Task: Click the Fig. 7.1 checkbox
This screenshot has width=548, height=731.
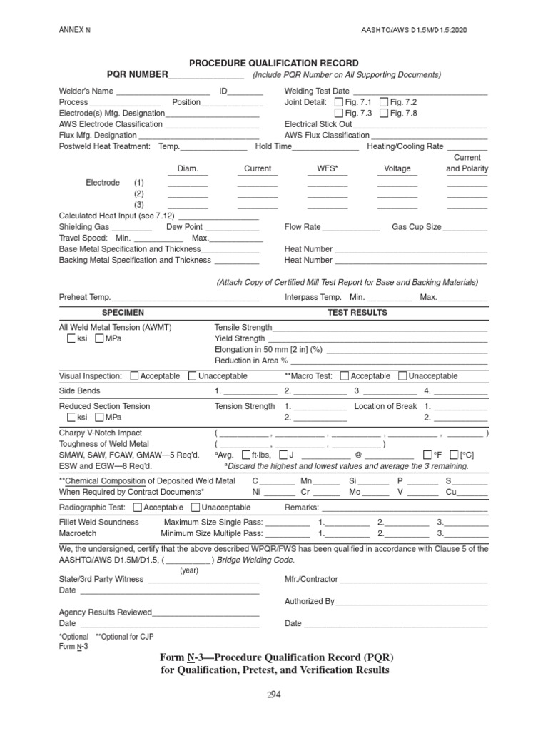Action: (339, 102)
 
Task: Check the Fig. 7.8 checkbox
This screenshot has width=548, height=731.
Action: (385, 113)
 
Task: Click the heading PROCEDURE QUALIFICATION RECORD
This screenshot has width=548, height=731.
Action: (274, 64)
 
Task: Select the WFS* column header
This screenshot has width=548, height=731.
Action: (328, 169)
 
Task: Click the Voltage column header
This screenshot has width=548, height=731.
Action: (397, 169)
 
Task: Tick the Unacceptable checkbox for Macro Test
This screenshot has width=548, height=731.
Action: (402, 376)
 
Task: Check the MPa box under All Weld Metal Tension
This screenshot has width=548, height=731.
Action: (99, 338)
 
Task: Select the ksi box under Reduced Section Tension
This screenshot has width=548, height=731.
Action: (71, 418)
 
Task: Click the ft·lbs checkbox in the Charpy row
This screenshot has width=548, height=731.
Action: (246, 454)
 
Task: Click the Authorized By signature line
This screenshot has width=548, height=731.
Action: (412, 603)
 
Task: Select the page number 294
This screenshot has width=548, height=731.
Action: (273, 697)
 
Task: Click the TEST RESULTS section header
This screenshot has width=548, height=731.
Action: (357, 313)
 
